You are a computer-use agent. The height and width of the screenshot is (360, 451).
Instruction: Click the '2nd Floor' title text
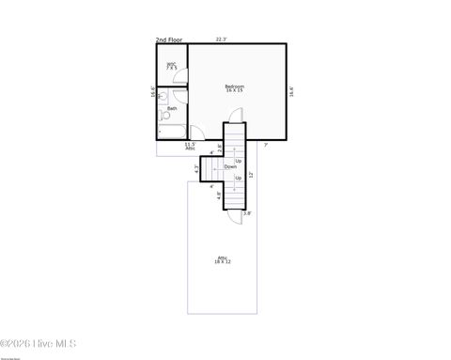(x=169, y=40)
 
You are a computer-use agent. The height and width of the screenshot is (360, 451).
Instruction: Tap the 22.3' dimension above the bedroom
(x=221, y=39)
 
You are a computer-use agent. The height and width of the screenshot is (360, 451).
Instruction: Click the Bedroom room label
(x=234, y=89)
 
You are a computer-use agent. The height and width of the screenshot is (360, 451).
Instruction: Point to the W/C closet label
(x=171, y=66)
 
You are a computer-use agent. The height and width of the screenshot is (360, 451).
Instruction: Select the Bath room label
(x=172, y=109)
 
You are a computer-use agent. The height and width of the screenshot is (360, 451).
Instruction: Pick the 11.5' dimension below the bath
(x=190, y=145)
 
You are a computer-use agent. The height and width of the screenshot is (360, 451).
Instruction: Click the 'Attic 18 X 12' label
(x=223, y=259)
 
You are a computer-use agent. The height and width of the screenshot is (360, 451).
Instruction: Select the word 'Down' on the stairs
(x=230, y=166)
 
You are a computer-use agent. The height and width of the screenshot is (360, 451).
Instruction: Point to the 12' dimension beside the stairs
(x=251, y=175)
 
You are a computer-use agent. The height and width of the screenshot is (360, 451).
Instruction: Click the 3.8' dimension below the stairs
(x=247, y=213)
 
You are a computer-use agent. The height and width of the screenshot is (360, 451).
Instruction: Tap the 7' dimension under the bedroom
(x=266, y=144)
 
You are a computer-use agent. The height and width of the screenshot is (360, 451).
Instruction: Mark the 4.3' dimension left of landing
(x=196, y=169)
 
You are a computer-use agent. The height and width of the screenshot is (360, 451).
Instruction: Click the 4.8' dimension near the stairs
(x=220, y=196)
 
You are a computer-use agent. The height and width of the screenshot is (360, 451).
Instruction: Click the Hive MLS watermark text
(x=39, y=344)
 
